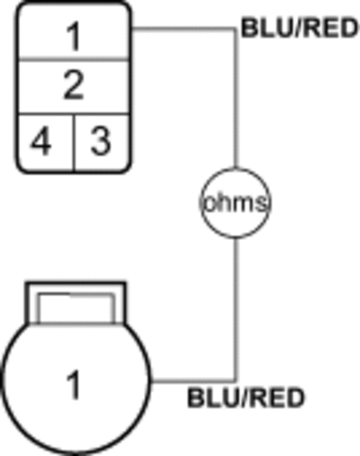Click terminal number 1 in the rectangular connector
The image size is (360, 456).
pos(73,37)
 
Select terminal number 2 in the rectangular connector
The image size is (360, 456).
pos(73,85)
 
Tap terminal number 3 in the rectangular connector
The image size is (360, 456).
pos(101,141)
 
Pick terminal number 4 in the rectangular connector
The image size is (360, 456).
pos(40,141)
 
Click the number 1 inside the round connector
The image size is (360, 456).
pos(73,385)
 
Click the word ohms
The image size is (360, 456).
pos(235,203)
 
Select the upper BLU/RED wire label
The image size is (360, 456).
pos(299,28)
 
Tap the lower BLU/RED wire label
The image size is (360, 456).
pos(246,398)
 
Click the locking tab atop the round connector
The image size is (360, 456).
pos(76,284)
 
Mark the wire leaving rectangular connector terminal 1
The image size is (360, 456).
pos(184,29)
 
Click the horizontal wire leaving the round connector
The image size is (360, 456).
pos(193,381)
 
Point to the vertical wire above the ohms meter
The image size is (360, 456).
pos(236,98)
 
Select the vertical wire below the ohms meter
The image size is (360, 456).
pos(236,309)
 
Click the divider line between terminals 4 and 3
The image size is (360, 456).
pos(74,142)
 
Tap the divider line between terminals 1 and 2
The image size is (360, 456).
pos(73,60)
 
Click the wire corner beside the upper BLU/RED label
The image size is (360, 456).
pos(236,29)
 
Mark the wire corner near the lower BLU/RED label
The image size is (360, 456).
pos(236,381)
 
